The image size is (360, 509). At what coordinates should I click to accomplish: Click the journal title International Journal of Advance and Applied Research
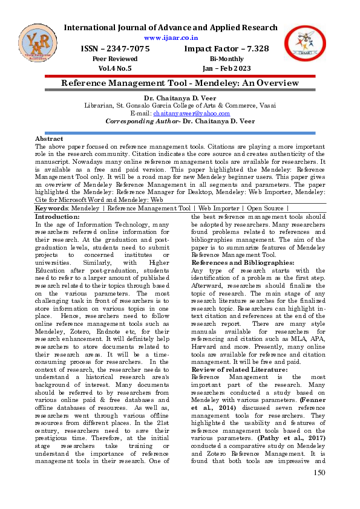[171, 28]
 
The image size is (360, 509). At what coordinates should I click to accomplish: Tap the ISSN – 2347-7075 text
[115, 48]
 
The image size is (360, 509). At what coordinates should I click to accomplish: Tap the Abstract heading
[50, 138]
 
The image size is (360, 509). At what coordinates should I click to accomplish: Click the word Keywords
[51, 208]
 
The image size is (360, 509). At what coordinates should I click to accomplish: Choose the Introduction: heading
[57, 216]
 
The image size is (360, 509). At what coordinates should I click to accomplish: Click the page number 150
[319, 488]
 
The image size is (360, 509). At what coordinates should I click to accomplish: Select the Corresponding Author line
[179, 121]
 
